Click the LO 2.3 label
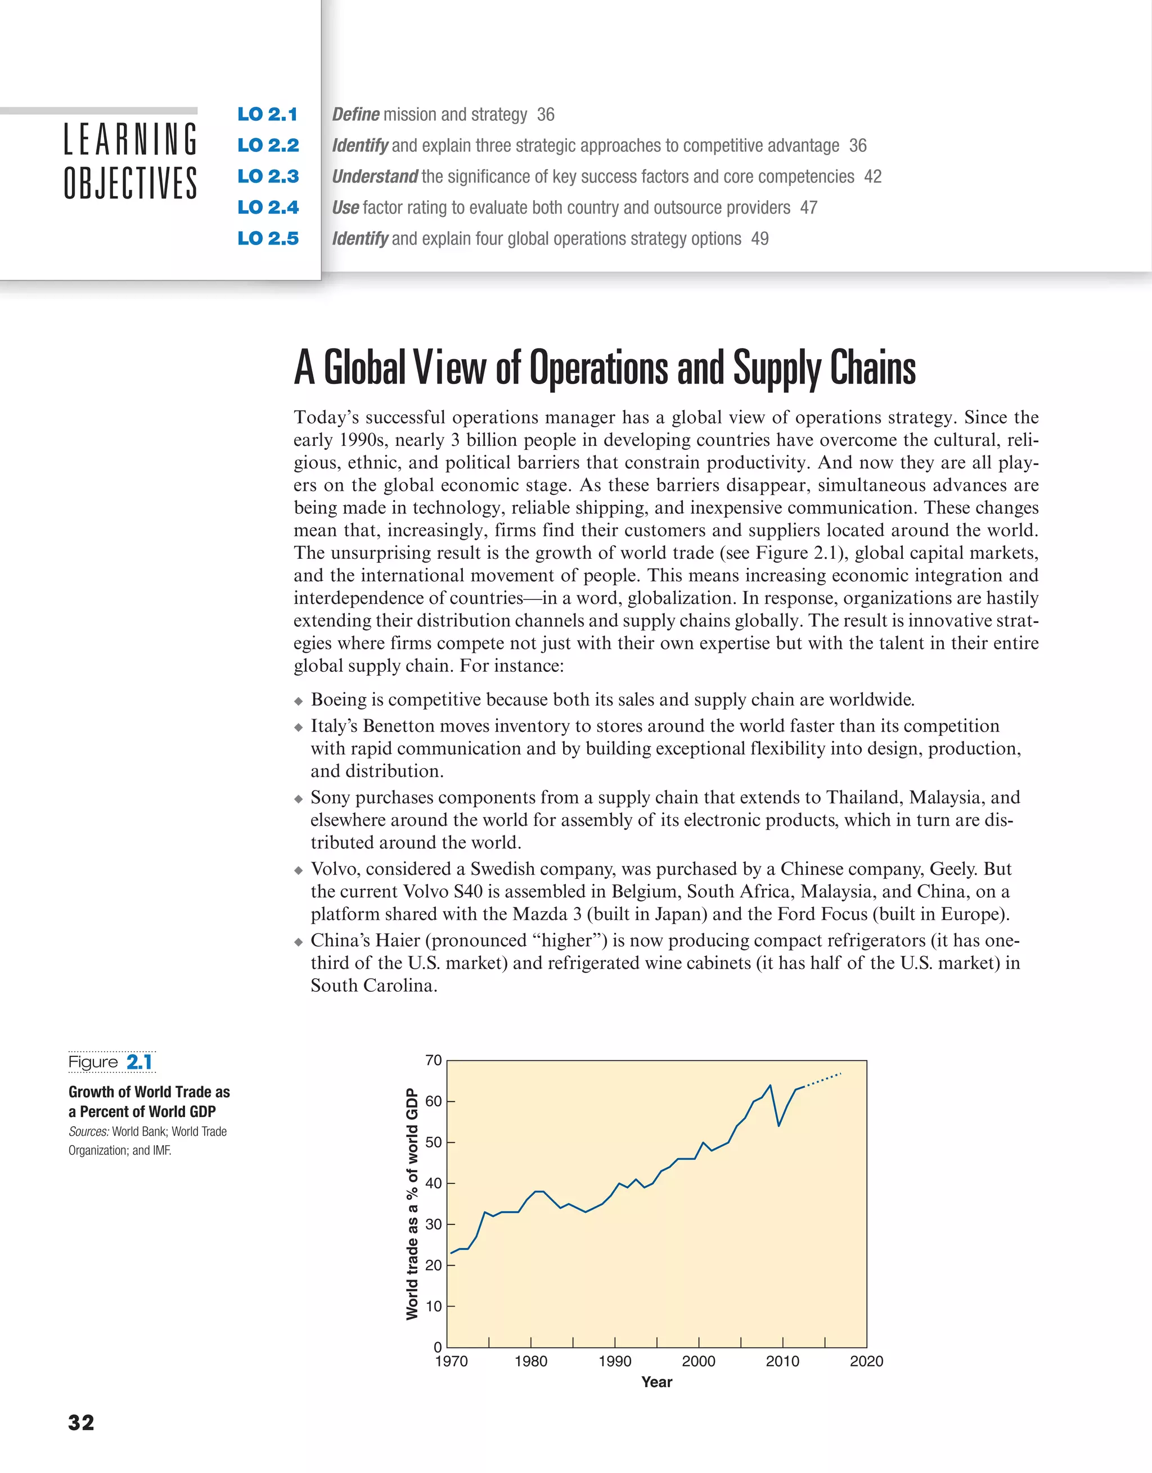(x=268, y=176)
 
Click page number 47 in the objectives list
(x=808, y=207)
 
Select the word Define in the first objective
(x=355, y=115)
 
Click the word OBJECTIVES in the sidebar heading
(x=130, y=183)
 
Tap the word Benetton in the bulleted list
(x=399, y=726)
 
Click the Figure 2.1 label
(x=111, y=1062)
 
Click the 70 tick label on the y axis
(x=433, y=1060)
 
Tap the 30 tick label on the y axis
(x=433, y=1224)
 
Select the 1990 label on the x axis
(x=615, y=1361)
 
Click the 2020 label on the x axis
(x=866, y=1361)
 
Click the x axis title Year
(x=656, y=1382)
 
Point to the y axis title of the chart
(x=412, y=1203)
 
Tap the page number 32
(x=81, y=1422)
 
